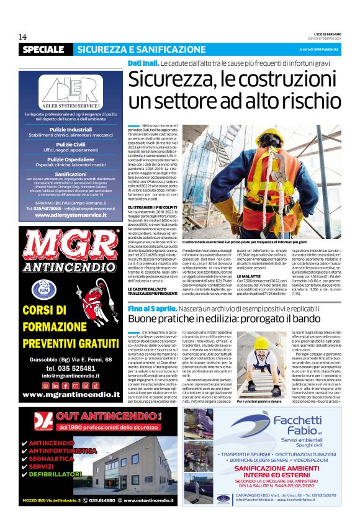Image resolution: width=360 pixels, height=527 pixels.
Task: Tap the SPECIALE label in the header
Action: [x=46, y=49]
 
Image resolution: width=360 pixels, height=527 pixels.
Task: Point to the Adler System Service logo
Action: [x=71, y=89]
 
